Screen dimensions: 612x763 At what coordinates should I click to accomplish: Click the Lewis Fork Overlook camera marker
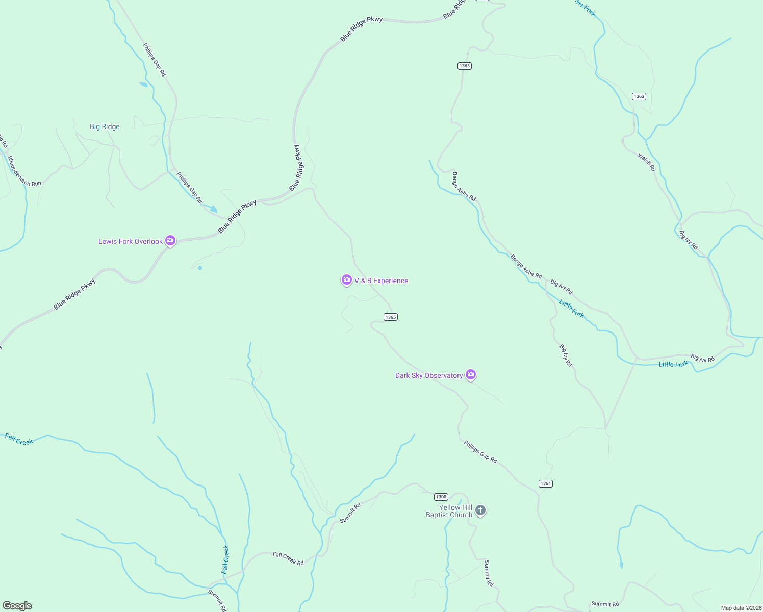[x=170, y=241]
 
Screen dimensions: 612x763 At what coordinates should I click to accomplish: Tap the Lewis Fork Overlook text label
[x=130, y=241]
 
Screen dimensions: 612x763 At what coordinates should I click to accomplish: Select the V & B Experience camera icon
[x=347, y=280]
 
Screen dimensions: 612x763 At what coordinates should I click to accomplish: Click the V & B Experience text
[x=381, y=280]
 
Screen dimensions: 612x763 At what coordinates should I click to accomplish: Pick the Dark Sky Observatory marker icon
[x=471, y=375]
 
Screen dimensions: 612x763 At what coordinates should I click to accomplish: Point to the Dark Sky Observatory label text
[x=428, y=375]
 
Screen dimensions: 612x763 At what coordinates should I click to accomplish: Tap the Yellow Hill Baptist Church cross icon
[x=480, y=510]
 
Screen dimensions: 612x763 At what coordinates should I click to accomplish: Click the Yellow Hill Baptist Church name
[x=449, y=511]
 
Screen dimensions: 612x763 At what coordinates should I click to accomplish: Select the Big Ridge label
[x=105, y=126]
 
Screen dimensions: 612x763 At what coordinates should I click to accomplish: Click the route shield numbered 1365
[x=391, y=317]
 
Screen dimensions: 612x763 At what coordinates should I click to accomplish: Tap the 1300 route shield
[x=441, y=497]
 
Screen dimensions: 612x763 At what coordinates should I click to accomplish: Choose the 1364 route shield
[x=546, y=483]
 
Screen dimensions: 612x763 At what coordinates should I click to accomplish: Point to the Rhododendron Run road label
[x=24, y=171]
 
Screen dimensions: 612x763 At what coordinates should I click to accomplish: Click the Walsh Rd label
[x=646, y=162]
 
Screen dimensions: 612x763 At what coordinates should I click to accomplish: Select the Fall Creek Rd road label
[x=288, y=558]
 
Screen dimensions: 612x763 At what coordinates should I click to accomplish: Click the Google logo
[x=17, y=606]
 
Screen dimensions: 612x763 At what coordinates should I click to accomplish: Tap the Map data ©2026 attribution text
[x=741, y=608]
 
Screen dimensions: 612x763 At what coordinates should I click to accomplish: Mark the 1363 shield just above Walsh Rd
[x=639, y=96]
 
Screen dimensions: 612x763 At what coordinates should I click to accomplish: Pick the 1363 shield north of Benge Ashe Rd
[x=464, y=66]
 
